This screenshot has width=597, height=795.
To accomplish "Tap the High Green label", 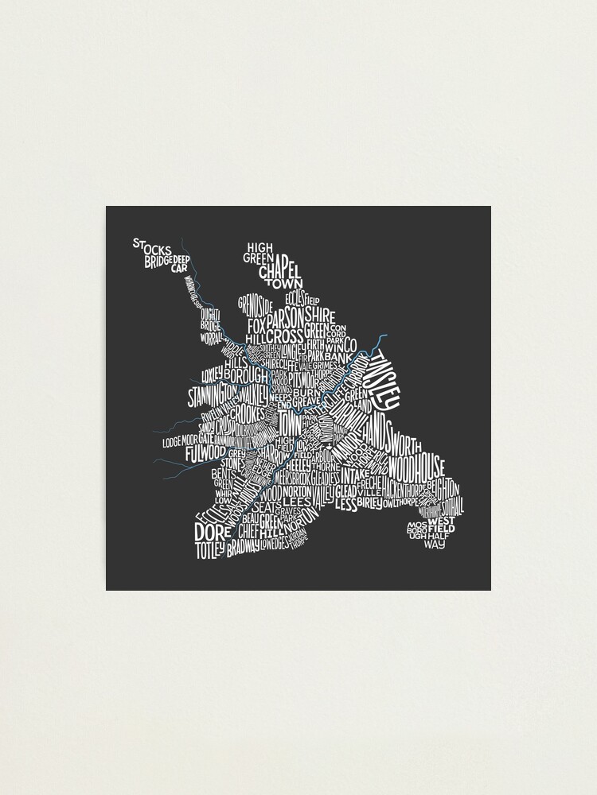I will click(259, 251).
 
